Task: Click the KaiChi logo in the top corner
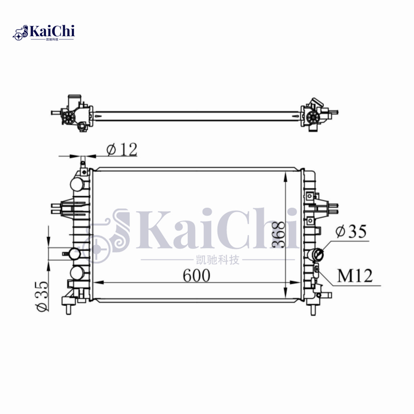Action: point(44,33)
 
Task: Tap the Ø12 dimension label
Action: point(122,150)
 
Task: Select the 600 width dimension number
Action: point(197,275)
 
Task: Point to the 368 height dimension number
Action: point(278,234)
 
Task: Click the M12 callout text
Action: point(355,276)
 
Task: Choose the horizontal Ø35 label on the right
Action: point(351,231)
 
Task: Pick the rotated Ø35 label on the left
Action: point(42,296)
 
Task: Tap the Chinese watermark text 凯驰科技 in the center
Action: point(218,260)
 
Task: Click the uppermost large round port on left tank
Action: point(77,184)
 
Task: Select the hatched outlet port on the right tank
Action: point(318,255)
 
